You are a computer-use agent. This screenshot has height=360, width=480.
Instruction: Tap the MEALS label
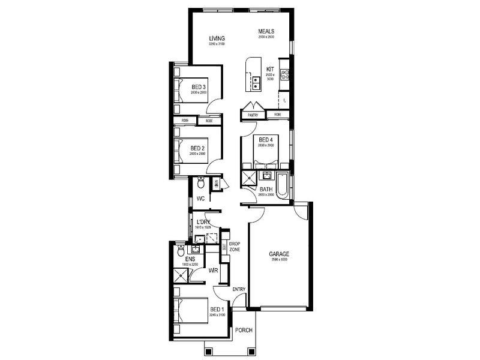(x=266, y=31)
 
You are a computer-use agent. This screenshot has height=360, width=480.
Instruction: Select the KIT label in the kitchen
(x=270, y=70)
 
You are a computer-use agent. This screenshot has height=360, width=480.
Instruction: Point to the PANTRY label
(x=253, y=114)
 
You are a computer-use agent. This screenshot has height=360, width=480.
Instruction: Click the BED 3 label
(x=199, y=87)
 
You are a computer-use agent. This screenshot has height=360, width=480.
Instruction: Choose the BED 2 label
(x=199, y=148)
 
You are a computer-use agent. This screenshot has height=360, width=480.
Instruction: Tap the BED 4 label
(x=266, y=140)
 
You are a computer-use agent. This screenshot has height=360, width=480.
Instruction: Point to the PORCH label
(x=243, y=330)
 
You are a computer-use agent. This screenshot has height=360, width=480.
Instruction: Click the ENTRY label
(x=239, y=290)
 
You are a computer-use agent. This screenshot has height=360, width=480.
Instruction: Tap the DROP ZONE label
(x=235, y=246)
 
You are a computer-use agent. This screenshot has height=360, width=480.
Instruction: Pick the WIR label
(x=212, y=271)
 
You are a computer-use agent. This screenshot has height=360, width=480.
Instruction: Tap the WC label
(x=201, y=197)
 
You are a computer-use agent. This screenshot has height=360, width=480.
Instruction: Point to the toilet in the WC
(x=202, y=182)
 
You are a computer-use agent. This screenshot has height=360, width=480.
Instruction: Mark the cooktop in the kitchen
(x=286, y=75)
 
